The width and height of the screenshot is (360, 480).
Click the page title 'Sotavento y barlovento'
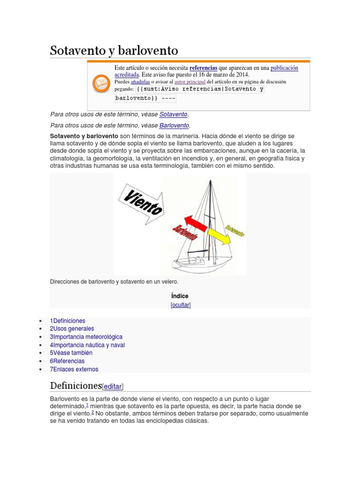pyautogui.click(x=114, y=51)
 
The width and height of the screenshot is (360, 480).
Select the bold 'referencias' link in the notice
pyautogui.click(x=203, y=68)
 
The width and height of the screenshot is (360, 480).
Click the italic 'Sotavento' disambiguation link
pyautogui.click(x=173, y=114)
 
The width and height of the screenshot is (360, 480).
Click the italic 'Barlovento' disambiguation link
pyautogui.click(x=174, y=126)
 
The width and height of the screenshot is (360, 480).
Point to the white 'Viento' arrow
pyautogui.click(x=141, y=202)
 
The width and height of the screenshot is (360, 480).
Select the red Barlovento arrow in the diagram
pyautogui.click(x=192, y=225)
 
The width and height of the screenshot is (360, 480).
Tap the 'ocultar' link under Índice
pyautogui.click(x=180, y=305)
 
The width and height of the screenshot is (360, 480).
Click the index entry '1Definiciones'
pyautogui.click(x=67, y=321)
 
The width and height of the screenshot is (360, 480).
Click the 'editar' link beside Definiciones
pyautogui.click(x=112, y=387)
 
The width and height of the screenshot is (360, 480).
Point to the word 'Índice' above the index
pyautogui.click(x=180, y=296)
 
